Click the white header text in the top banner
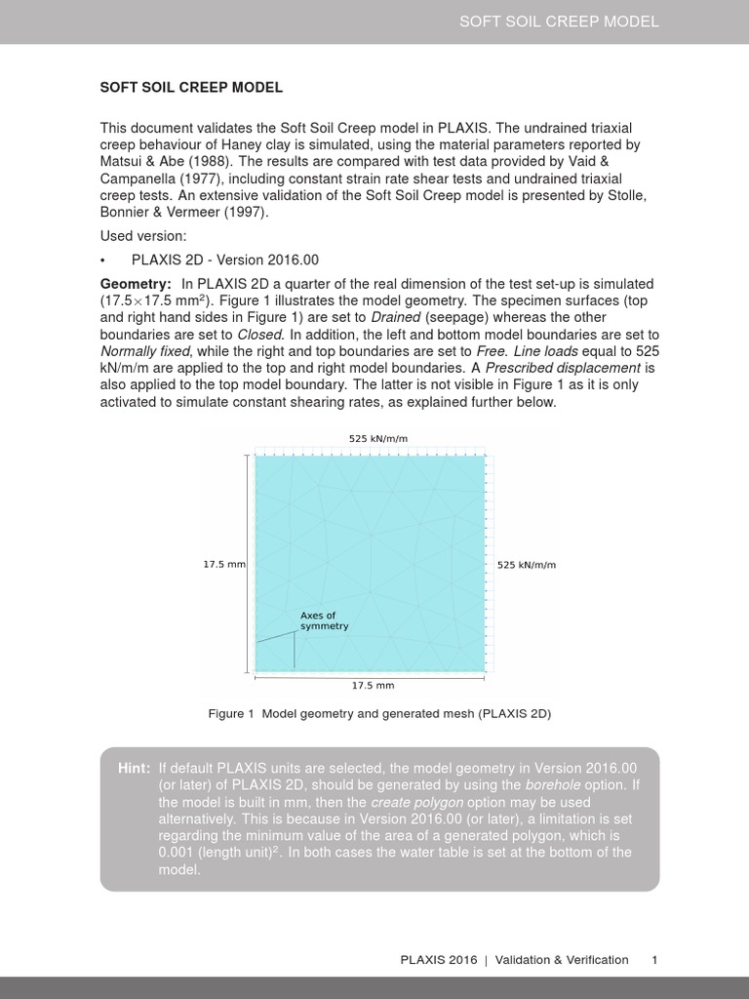click(x=559, y=21)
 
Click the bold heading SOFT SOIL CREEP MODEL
click(x=191, y=88)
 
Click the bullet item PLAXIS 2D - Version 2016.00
click(x=225, y=260)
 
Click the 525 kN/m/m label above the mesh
click(x=378, y=439)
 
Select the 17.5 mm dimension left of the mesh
click(x=224, y=565)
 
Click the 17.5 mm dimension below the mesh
click(x=373, y=686)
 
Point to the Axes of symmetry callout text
click(x=324, y=620)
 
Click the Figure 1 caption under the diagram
click(x=379, y=714)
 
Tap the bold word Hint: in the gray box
click(x=134, y=769)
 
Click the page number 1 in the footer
click(x=655, y=960)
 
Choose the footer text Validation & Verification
click(x=562, y=960)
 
